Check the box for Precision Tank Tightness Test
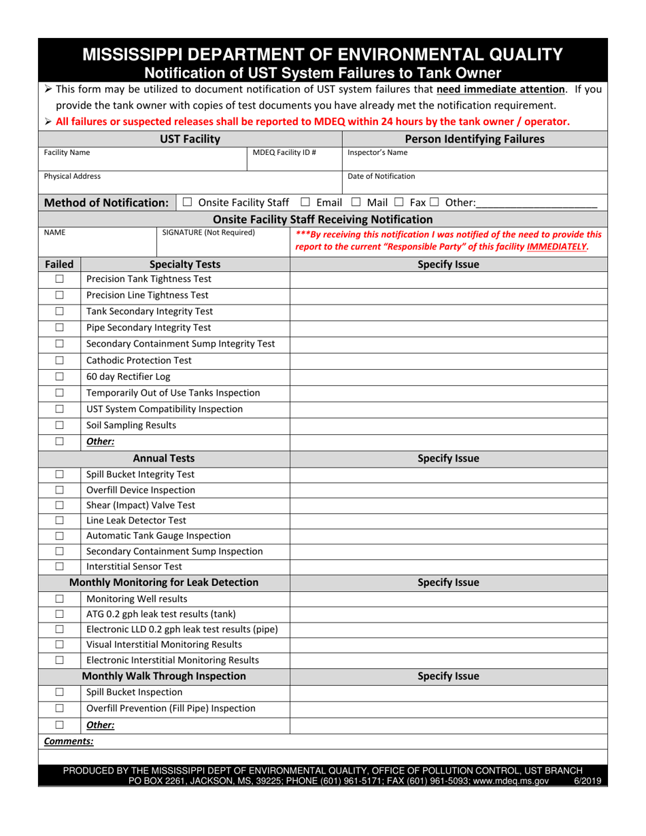[x=59, y=279]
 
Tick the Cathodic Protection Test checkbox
[x=59, y=360]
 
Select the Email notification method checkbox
[x=305, y=203]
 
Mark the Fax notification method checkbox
[x=399, y=203]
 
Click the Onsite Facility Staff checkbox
[x=187, y=203]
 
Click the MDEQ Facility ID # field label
[x=284, y=153]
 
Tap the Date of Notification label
[x=381, y=176]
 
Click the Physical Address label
[x=72, y=176]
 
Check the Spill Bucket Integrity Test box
[x=59, y=474]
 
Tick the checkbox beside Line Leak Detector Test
[x=59, y=521]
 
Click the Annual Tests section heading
[x=163, y=458]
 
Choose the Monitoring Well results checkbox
[x=59, y=599]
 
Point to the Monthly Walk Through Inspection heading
[x=164, y=676]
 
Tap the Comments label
[x=69, y=742]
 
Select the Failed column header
[x=59, y=264]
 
